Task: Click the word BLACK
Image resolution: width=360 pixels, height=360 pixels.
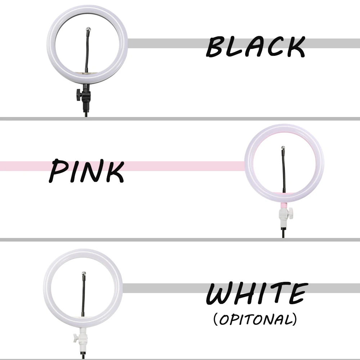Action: [x=256, y=46]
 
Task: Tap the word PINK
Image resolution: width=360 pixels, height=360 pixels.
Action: [x=86, y=171]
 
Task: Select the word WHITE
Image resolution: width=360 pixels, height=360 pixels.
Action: [x=257, y=294]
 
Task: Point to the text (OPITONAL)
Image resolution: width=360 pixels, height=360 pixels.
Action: [x=255, y=319]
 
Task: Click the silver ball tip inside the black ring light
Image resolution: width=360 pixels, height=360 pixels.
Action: [x=89, y=29]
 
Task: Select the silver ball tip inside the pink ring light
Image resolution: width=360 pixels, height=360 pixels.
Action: [x=283, y=147]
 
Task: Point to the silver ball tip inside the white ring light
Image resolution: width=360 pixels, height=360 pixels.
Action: [x=84, y=273]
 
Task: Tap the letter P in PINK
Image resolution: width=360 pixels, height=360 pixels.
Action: [x=57, y=170]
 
